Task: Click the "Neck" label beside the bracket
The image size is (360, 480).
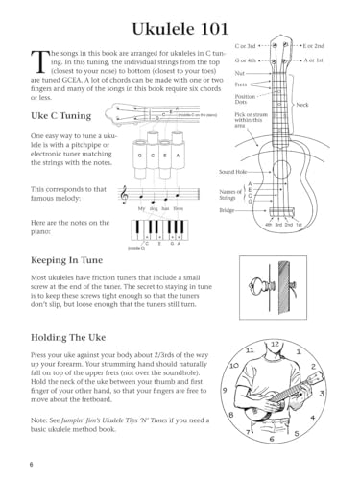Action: click(x=301, y=104)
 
